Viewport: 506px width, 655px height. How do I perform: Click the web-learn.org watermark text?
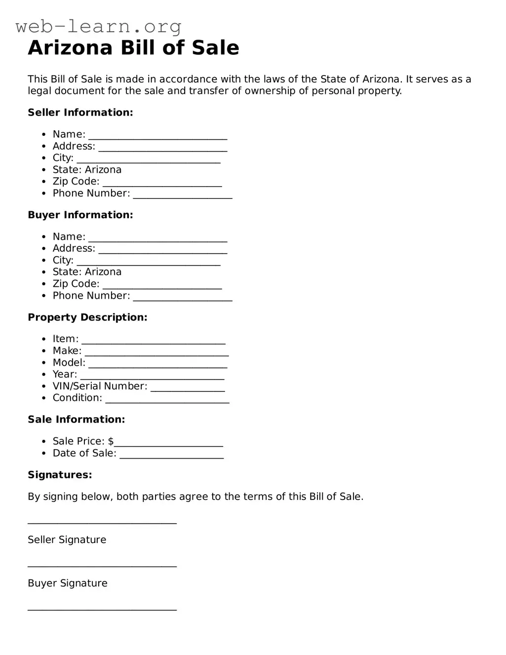tap(99, 26)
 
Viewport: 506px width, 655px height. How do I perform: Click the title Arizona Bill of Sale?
tap(133, 48)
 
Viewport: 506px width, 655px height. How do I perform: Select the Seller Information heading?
tap(80, 113)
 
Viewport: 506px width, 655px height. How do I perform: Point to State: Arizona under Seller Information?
tap(87, 170)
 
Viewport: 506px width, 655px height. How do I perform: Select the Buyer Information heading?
tap(80, 215)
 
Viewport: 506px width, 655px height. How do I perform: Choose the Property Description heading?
tap(87, 317)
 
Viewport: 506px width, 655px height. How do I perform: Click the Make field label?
tap(67, 351)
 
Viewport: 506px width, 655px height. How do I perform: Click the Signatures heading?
tap(60, 475)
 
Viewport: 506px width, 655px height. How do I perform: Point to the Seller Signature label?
tap(67, 540)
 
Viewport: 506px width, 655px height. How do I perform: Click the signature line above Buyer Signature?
tap(102, 566)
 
